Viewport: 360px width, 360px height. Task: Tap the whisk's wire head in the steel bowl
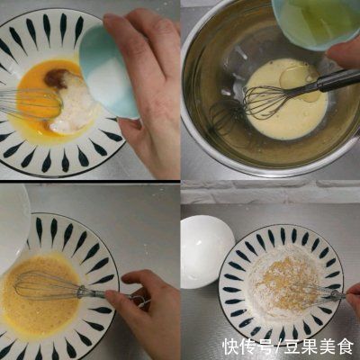click(265, 102)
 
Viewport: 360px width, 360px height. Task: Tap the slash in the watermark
click(276, 346)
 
